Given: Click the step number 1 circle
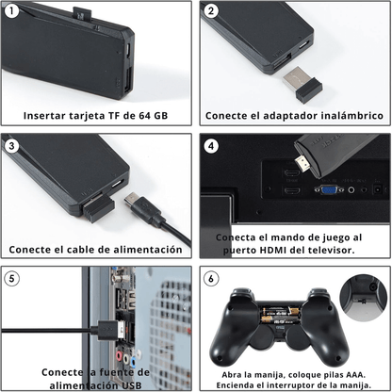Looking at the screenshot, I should pyautogui.click(x=11, y=11).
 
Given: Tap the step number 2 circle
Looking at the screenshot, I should pyautogui.click(x=211, y=11).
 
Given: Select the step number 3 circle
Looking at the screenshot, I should pyautogui.click(x=11, y=145).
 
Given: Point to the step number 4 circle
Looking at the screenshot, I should pyautogui.click(x=211, y=145).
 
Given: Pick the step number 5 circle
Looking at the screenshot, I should pyautogui.click(x=11, y=278).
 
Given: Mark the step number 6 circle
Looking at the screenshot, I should pyautogui.click(x=211, y=278).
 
